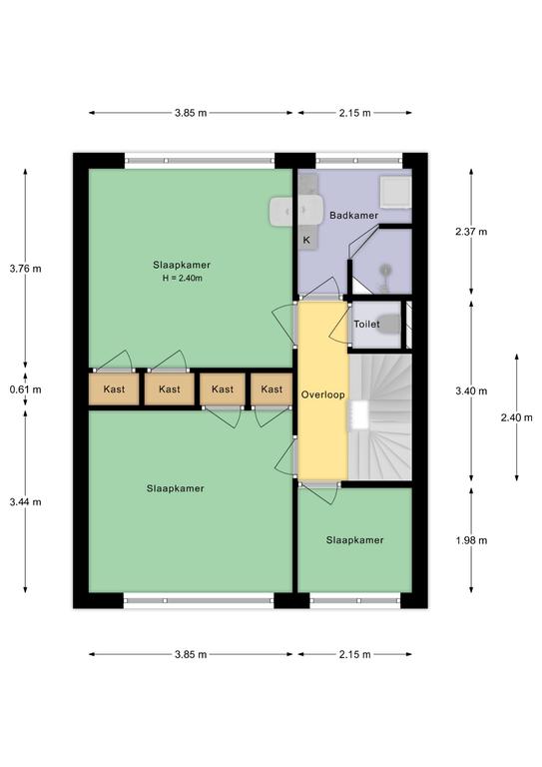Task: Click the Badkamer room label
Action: (353, 216)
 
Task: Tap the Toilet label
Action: (366, 324)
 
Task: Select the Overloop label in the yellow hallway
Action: (322, 394)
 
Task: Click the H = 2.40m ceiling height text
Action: (183, 279)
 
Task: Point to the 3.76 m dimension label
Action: (25, 269)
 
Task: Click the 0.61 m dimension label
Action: (25, 389)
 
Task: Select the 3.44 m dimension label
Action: (25, 502)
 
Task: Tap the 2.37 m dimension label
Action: (471, 232)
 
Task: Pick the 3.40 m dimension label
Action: (471, 390)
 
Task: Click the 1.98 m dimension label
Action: (471, 540)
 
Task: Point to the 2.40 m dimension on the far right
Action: (517, 417)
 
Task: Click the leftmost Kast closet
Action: (114, 389)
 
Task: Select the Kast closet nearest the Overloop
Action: (271, 389)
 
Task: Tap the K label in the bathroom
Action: (306, 240)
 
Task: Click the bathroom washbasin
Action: (295, 211)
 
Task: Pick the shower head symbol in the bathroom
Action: (386, 270)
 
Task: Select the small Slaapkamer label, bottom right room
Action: (354, 540)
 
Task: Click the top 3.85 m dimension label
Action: (191, 113)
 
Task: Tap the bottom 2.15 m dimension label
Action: (354, 654)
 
